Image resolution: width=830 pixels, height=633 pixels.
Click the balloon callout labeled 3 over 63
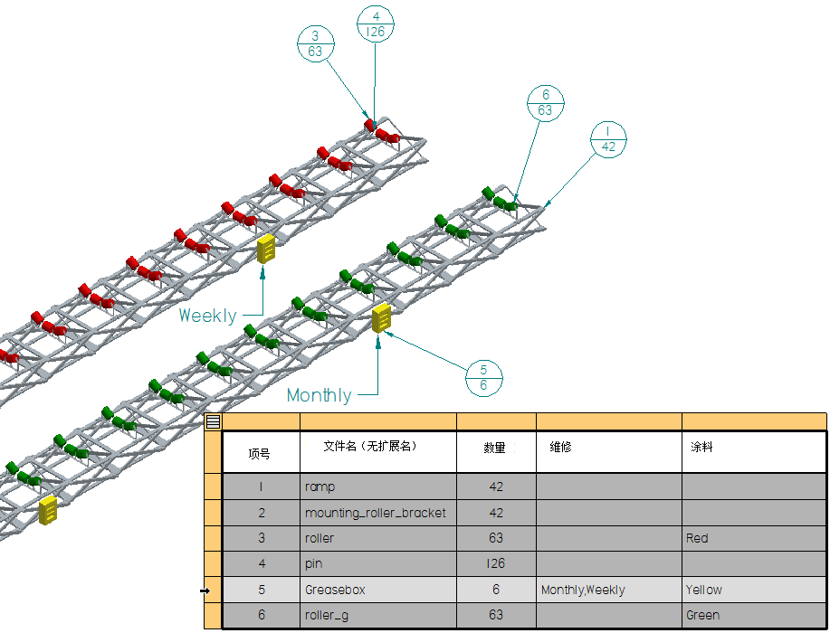(x=315, y=43)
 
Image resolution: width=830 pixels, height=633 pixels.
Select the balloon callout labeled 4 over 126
(x=375, y=24)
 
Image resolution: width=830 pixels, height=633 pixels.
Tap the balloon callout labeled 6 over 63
(x=545, y=102)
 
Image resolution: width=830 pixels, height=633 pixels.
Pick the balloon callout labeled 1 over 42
(x=607, y=138)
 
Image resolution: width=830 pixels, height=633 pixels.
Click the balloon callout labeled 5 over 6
(x=483, y=377)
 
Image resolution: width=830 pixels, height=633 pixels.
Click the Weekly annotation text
(x=207, y=316)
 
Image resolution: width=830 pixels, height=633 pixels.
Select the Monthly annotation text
(x=319, y=395)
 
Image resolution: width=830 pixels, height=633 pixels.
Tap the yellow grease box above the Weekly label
(x=266, y=248)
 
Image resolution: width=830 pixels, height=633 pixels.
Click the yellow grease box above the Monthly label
(x=382, y=317)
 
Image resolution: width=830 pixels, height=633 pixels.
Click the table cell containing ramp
(x=377, y=487)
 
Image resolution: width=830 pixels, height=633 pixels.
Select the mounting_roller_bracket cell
(x=377, y=513)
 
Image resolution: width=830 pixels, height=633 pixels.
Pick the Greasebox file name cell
(x=377, y=590)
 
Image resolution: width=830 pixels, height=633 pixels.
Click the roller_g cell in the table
(x=377, y=615)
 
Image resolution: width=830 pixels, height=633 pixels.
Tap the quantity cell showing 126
(x=495, y=563)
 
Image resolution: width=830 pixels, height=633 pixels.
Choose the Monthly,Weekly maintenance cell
(x=608, y=590)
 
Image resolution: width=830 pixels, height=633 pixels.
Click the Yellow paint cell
(x=753, y=590)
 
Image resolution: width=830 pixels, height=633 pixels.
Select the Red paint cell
(x=753, y=538)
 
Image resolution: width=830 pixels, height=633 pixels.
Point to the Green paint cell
(x=753, y=615)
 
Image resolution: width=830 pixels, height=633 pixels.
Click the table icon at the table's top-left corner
(x=213, y=421)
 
